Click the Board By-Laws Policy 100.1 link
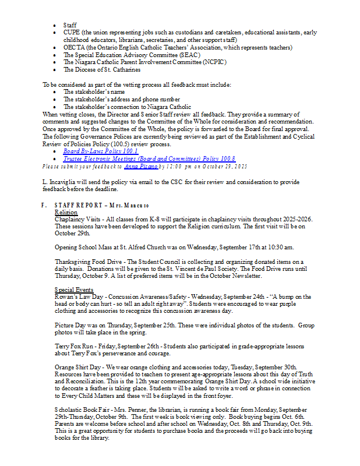point(100,151)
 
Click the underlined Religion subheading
point(66,213)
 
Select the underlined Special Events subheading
point(73,290)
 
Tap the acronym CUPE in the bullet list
point(72,33)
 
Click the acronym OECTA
point(73,48)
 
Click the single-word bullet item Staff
point(70,26)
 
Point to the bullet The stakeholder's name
point(94,92)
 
